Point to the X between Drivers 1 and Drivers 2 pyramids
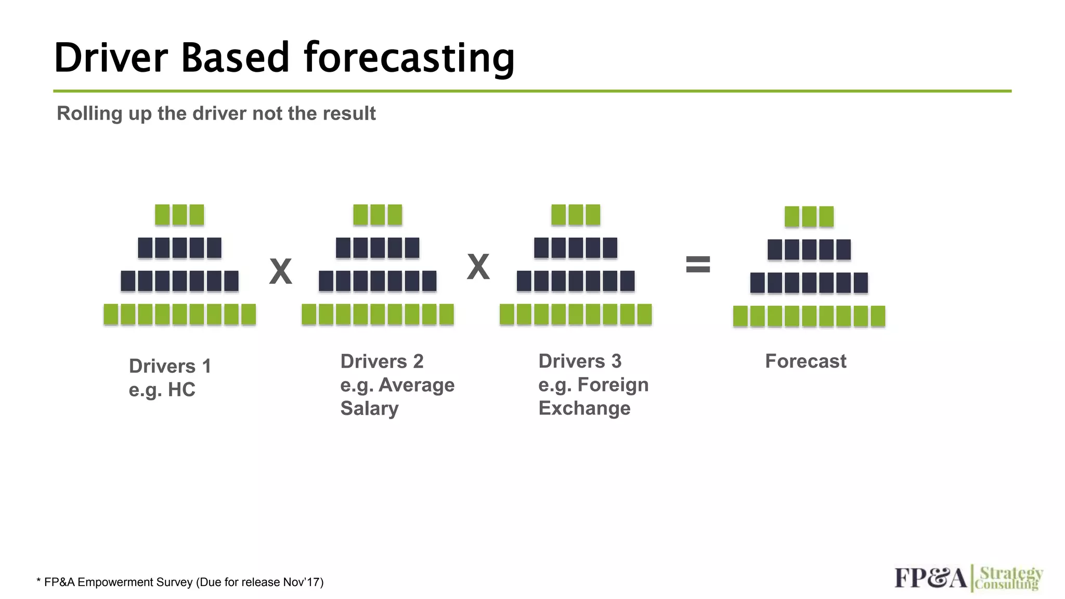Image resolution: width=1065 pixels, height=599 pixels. [280, 271]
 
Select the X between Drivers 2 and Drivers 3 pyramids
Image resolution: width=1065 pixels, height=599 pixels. [478, 267]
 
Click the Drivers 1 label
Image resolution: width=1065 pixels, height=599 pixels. [170, 366]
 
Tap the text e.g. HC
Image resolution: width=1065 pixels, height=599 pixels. [162, 389]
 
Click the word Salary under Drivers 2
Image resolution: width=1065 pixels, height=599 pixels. [369, 408]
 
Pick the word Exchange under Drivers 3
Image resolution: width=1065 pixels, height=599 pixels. [584, 408]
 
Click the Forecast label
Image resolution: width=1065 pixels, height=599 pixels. [806, 361]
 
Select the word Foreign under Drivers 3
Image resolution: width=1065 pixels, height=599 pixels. [613, 385]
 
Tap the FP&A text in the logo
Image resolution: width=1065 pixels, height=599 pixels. [930, 578]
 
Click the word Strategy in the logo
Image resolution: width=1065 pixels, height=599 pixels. [1011, 574]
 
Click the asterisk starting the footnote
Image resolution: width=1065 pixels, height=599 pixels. [38, 581]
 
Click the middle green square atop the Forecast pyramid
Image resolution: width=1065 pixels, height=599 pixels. [809, 217]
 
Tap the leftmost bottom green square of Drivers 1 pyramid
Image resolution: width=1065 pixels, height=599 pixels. [111, 315]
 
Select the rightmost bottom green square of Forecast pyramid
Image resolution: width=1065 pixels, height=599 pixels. [878, 316]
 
